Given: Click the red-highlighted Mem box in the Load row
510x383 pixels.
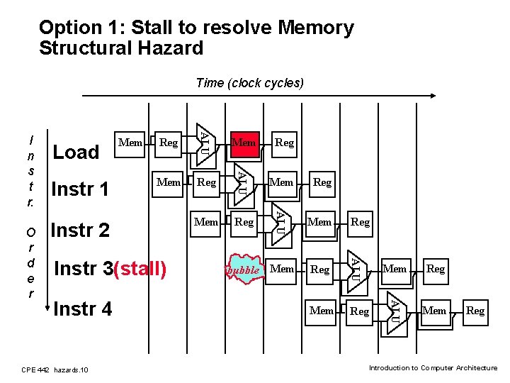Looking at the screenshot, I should (244, 143).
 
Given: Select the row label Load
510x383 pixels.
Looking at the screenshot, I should (76, 152).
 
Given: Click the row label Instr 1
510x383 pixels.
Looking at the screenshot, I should (80, 189).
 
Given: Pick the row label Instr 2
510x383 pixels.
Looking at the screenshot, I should (81, 230).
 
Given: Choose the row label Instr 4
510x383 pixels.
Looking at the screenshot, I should (82, 309).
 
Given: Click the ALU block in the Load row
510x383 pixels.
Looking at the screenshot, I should (204, 141).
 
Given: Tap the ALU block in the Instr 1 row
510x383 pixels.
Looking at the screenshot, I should (242, 181).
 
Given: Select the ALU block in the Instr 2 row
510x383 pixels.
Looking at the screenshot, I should (280, 221).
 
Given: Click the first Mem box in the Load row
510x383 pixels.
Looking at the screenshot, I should (130, 143).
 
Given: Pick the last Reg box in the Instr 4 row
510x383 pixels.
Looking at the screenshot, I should (475, 311).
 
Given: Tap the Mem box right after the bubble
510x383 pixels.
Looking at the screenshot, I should (282, 269).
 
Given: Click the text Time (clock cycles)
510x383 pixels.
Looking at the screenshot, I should (249, 83).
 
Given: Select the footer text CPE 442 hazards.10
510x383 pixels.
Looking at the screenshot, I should (55, 370).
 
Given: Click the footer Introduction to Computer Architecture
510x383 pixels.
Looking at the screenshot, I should (433, 368).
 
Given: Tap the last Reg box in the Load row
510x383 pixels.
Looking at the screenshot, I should (284, 143).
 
